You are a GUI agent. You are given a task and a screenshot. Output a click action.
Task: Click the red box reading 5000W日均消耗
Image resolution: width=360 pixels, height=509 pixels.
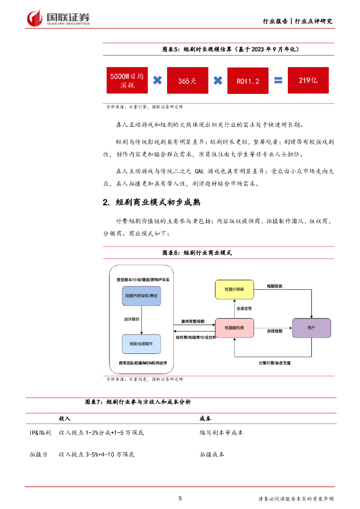[127, 80]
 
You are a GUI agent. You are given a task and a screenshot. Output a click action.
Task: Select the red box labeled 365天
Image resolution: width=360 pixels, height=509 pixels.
[187, 80]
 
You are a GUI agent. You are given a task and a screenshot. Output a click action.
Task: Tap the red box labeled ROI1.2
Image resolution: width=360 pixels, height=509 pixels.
[248, 80]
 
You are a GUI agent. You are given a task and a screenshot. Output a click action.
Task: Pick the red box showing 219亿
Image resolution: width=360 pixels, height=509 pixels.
[308, 80]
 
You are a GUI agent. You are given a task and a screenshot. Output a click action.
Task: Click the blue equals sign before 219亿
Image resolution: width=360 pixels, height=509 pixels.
[278, 80]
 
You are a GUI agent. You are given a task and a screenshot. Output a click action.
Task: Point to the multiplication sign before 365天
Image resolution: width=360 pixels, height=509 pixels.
[157, 80]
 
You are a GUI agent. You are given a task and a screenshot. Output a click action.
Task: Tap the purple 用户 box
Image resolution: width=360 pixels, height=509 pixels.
[311, 328]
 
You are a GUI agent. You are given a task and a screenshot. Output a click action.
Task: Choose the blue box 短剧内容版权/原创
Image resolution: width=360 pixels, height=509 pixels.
[142, 296]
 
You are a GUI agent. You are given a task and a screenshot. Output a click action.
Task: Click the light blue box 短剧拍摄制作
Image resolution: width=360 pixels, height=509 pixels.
[142, 343]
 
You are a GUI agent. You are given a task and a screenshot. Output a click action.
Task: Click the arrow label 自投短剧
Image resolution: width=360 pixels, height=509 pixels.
[274, 331]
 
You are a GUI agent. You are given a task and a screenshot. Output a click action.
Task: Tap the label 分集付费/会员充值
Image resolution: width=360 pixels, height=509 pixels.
[274, 363]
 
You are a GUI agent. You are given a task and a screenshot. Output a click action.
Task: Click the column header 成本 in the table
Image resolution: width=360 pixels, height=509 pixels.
[205, 419]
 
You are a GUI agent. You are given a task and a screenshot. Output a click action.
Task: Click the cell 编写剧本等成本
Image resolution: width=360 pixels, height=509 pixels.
[221, 433]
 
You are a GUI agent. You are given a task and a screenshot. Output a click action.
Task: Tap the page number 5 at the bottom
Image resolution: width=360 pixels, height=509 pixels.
[180, 498]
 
